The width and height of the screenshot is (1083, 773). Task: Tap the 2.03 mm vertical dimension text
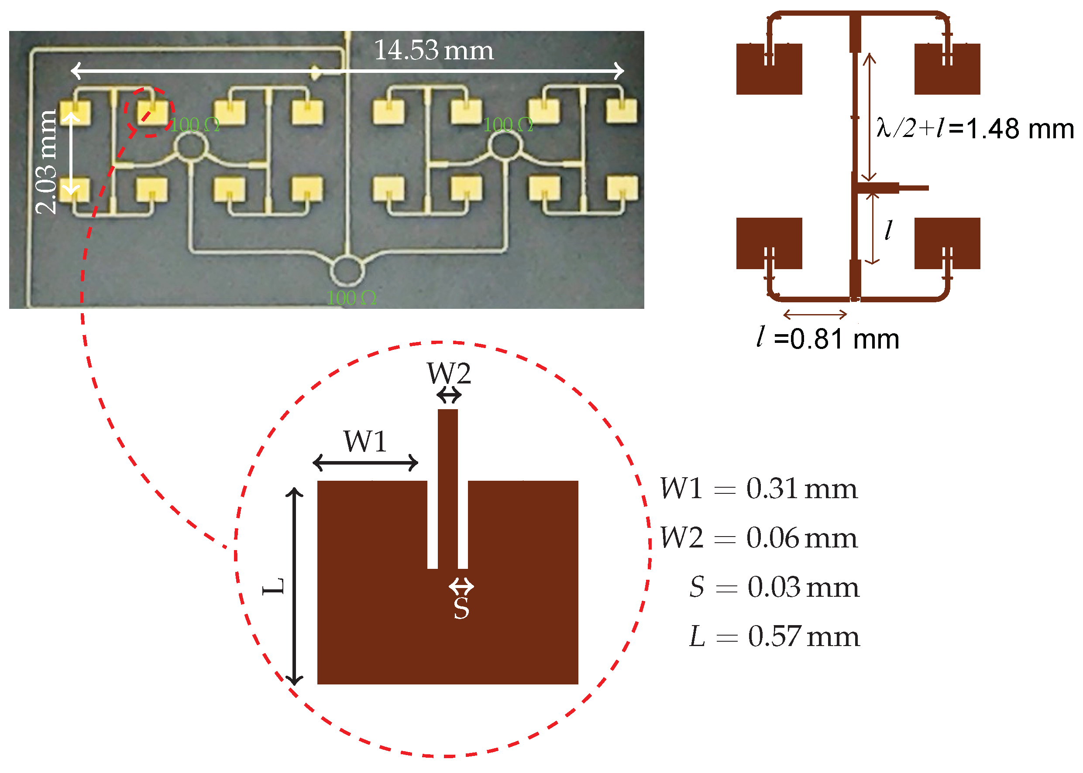(x=46, y=162)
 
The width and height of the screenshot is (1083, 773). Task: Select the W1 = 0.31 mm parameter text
(x=758, y=489)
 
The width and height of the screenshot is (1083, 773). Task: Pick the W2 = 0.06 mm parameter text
(x=758, y=538)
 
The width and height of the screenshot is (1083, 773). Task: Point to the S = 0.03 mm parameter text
(x=774, y=587)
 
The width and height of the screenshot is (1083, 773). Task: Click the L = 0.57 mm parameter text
(x=774, y=636)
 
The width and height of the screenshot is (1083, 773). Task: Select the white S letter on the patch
(x=461, y=608)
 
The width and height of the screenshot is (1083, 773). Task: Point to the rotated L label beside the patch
(x=274, y=586)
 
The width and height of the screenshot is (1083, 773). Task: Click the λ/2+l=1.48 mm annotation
(x=974, y=129)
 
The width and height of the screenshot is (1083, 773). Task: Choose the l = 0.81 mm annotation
(x=828, y=339)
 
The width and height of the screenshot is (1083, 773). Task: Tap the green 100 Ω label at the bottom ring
(x=351, y=298)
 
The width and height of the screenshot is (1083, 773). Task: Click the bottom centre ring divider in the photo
(x=347, y=271)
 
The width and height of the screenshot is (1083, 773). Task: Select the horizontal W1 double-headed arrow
(x=365, y=462)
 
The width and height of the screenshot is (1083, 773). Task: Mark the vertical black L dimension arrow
(x=294, y=586)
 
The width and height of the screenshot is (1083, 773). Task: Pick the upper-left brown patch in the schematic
(x=769, y=69)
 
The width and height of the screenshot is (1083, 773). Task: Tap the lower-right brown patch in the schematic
(x=947, y=243)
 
